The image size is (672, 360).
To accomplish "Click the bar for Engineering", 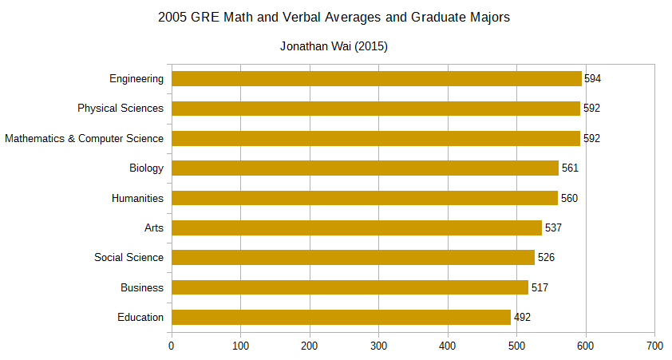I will (x=377, y=78).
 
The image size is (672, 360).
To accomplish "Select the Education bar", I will (x=342, y=317).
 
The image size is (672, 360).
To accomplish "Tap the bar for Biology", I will (x=366, y=168).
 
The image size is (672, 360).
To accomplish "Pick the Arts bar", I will (x=357, y=227).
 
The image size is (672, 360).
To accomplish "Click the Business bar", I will (x=350, y=287).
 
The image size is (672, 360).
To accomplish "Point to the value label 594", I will (x=592, y=79).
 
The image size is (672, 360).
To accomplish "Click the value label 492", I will (x=522, y=318).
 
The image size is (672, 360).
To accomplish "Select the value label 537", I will (x=553, y=228).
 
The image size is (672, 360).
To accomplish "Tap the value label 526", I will (x=546, y=258).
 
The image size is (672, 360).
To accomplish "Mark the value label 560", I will (x=568, y=198).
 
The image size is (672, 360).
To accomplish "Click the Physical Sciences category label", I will (x=121, y=109).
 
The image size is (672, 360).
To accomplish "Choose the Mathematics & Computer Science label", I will (x=84, y=138).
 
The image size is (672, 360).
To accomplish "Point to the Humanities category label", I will (x=137, y=198).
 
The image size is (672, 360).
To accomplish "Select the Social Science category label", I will (x=128, y=257).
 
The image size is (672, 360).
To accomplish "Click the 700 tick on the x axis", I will (x=654, y=346).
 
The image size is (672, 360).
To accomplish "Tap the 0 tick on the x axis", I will (x=172, y=346).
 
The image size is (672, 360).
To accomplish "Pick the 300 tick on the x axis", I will (x=378, y=346).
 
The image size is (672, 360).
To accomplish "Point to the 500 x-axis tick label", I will (x=516, y=346).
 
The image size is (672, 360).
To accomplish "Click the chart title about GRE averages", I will (x=334, y=17).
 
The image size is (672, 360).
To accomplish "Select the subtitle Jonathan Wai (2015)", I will (x=334, y=46).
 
